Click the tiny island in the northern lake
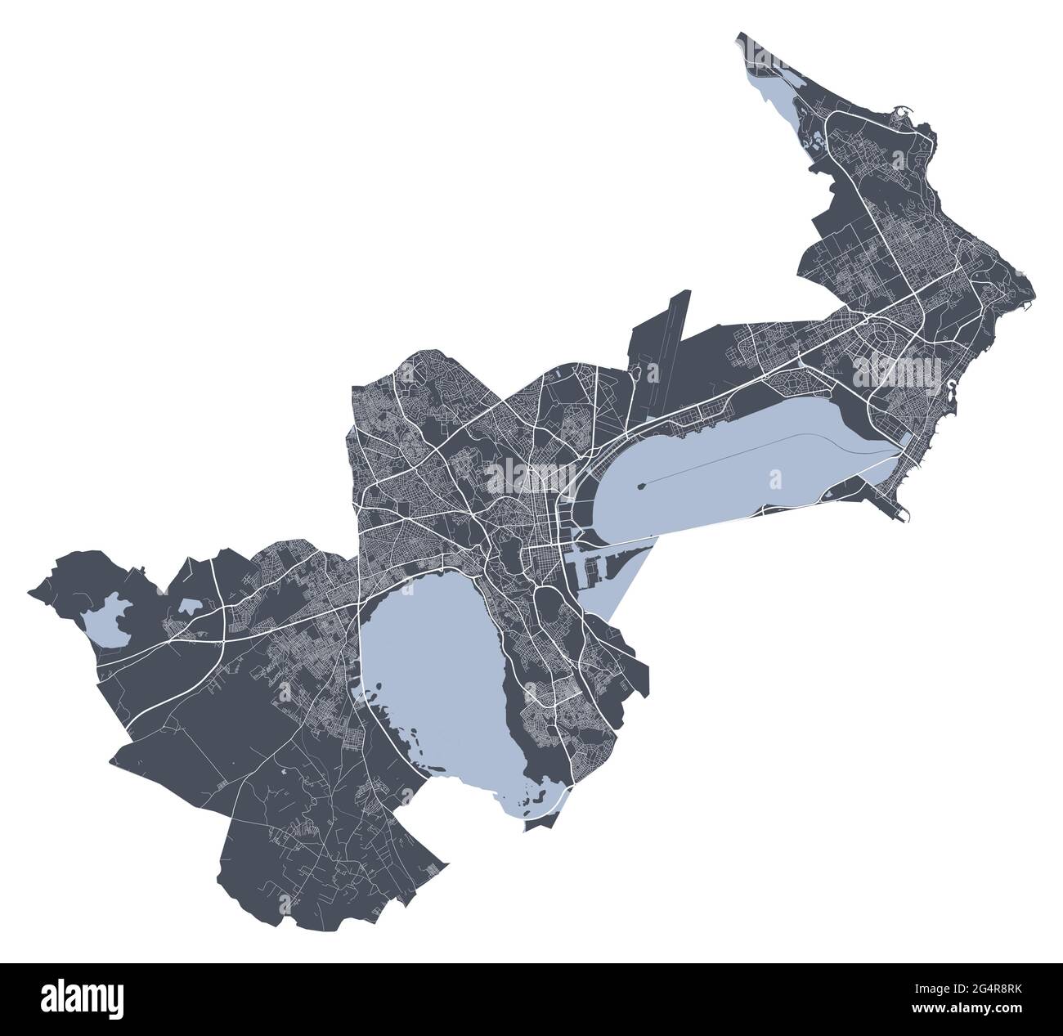(643, 485)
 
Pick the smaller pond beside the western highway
(187, 606)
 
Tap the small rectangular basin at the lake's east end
(906, 437)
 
